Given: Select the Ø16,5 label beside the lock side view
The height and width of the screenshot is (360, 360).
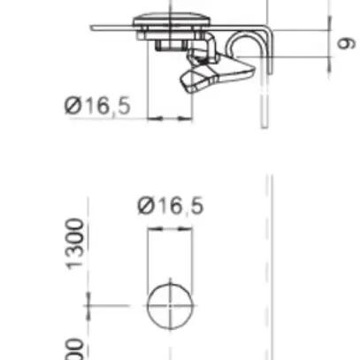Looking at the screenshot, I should pos(97,105).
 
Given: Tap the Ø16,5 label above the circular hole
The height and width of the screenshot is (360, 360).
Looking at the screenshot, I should pos(171,206).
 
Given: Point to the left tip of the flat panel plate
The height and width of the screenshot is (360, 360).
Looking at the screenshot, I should pos(92,27).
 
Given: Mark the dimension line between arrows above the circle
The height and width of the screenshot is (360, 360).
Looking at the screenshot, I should pos(170,228).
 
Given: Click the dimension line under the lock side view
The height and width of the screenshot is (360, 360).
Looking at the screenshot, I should pos(171,117).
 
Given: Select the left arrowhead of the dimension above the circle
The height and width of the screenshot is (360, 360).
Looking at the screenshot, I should pos(151,228).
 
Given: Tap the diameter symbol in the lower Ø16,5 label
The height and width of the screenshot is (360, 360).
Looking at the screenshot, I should pos(146,206).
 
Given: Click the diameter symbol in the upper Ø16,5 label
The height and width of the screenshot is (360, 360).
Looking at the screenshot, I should pos(73,105).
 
